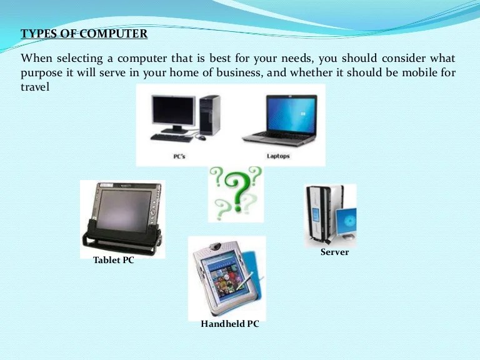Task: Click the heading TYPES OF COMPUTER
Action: [84, 34]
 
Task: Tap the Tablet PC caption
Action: [113, 260]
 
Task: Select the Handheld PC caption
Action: [229, 324]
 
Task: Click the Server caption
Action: [334, 252]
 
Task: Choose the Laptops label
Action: [278, 156]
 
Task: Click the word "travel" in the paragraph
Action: [35, 87]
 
